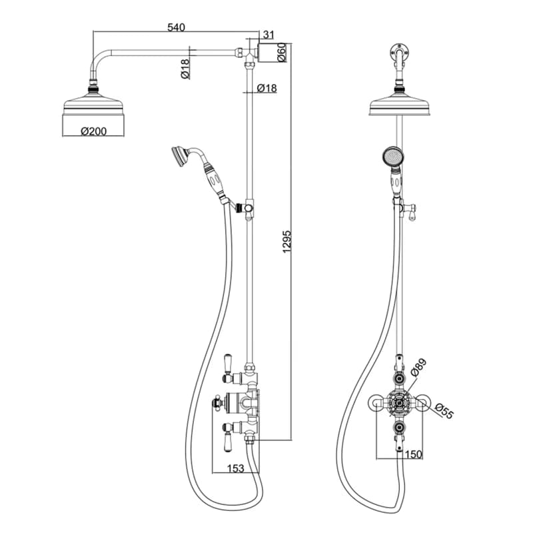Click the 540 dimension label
tap(176, 27)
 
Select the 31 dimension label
tap(268, 35)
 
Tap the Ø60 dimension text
tap(282, 53)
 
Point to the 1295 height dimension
tap(287, 241)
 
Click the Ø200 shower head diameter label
tap(93, 131)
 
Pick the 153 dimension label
tap(236, 468)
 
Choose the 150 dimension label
tap(413, 454)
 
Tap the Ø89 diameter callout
tap(418, 368)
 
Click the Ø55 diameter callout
tap(444, 411)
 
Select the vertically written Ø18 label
tap(185, 69)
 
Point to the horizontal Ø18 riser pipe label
tap(267, 89)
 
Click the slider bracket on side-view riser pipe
tap(247, 208)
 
